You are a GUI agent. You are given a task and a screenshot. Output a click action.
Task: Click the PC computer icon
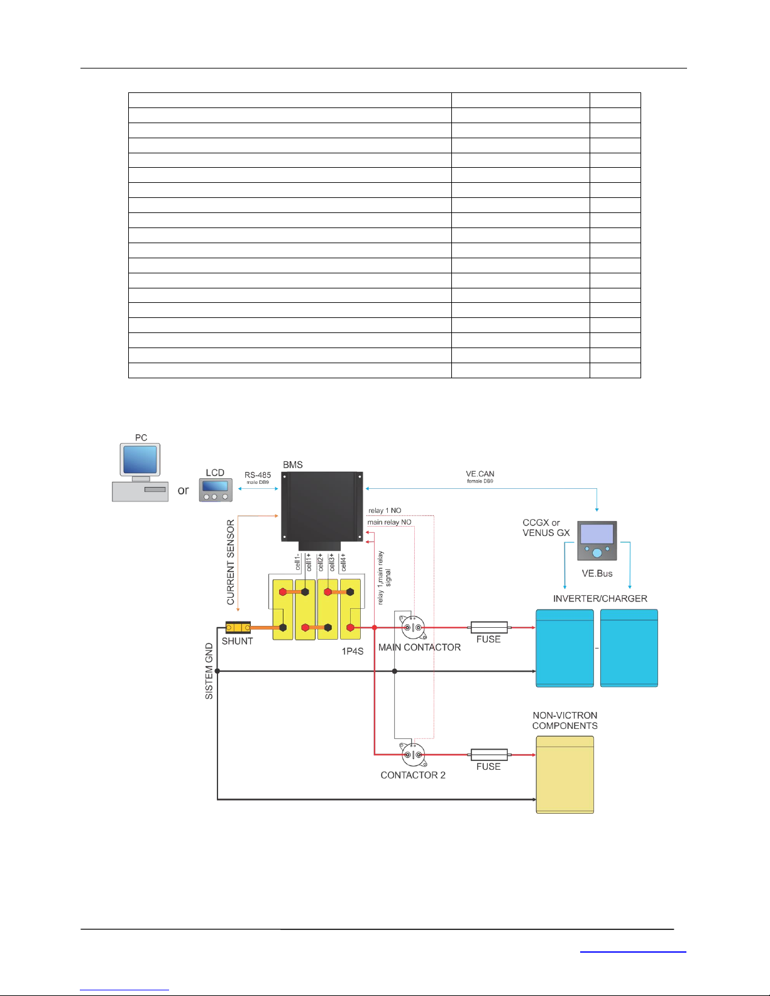point(140,473)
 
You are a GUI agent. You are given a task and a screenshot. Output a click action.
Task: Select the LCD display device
point(216,490)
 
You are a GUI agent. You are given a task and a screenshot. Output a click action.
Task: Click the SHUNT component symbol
point(238,627)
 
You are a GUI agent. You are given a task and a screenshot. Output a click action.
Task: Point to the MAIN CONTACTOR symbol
point(413,627)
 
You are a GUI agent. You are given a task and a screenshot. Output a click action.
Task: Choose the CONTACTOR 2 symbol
point(413,755)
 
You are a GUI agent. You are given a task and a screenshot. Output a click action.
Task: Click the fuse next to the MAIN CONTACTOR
point(489,627)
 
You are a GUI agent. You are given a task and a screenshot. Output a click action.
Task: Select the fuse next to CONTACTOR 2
point(489,755)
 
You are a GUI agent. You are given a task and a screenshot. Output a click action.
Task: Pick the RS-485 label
point(258,475)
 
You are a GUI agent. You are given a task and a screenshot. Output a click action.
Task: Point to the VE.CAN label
point(480,474)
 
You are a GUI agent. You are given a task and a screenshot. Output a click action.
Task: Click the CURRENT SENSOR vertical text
point(231,562)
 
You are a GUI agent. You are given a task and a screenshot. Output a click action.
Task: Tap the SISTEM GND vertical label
point(209,671)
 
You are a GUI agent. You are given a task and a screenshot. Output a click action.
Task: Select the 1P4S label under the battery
point(353,651)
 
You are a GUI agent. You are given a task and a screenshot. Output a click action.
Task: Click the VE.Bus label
point(597,573)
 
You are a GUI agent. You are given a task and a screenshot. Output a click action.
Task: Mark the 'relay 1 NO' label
point(385,510)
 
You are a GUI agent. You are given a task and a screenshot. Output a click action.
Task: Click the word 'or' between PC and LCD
point(183,490)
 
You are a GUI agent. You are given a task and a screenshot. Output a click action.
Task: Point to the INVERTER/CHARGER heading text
point(600,598)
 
